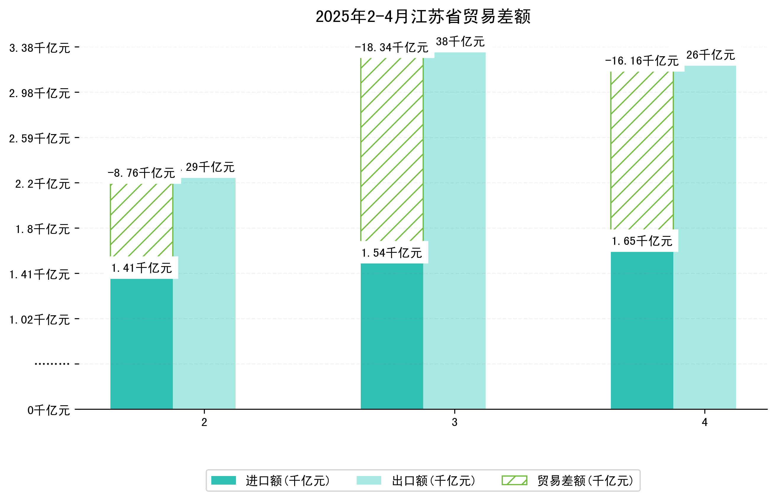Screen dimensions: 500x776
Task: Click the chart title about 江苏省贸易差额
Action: click(423, 17)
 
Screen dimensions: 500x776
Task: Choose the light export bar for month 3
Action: click(454, 231)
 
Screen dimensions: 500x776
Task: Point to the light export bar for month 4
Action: click(704, 237)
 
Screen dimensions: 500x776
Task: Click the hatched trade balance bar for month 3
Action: click(392, 149)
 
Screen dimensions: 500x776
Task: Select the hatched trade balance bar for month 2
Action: click(141, 220)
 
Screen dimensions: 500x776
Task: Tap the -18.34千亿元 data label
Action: click(391, 48)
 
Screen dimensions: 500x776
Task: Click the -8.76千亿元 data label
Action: click(141, 173)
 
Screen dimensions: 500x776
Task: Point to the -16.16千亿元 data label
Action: click(641, 61)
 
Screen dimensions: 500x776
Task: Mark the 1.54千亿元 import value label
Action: click(392, 253)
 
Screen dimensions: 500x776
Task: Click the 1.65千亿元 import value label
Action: click(642, 241)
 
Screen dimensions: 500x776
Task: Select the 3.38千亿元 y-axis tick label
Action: click(39, 48)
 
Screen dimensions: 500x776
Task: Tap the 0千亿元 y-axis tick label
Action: click(48, 410)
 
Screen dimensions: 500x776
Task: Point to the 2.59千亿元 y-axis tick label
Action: click(39, 139)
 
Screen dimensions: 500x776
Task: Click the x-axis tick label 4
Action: click(704, 422)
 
